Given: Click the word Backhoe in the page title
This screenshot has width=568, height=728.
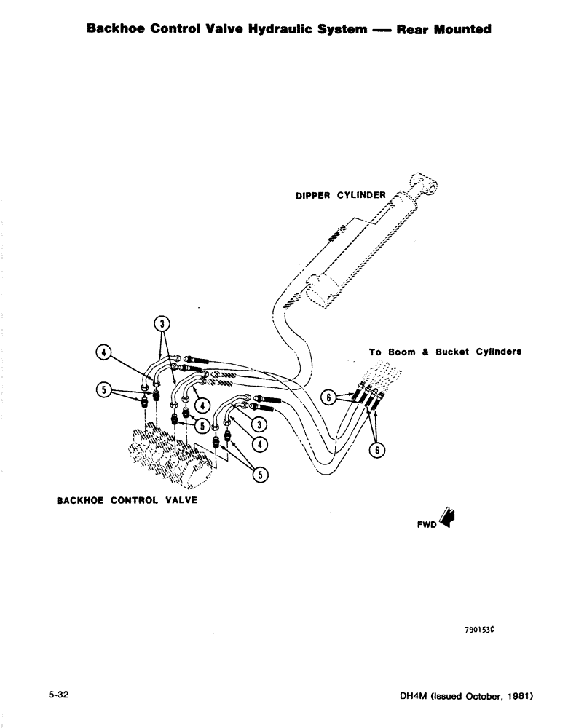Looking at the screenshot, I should (x=114, y=30).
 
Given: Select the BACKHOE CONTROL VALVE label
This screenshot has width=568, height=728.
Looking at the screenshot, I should (x=127, y=501).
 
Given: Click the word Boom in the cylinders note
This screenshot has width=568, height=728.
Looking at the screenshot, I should (x=401, y=352).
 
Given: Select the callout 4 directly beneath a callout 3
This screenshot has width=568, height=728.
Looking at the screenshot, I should (x=259, y=443).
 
